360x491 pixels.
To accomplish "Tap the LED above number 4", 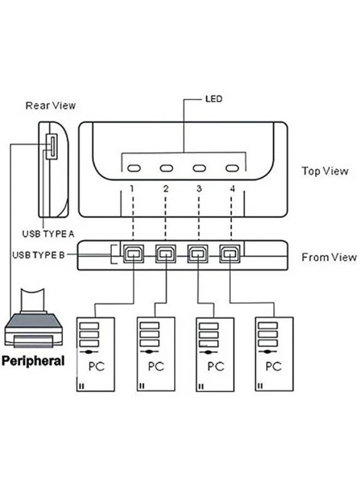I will (233, 167).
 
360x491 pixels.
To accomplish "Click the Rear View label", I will (51, 105).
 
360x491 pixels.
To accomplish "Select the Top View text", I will (325, 171).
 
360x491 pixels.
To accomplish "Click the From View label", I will (329, 258).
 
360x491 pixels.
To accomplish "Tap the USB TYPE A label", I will (48, 234).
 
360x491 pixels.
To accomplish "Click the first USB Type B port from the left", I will (133, 254).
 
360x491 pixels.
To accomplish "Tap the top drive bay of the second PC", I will (149, 326).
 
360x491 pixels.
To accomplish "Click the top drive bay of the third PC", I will (208, 326).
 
